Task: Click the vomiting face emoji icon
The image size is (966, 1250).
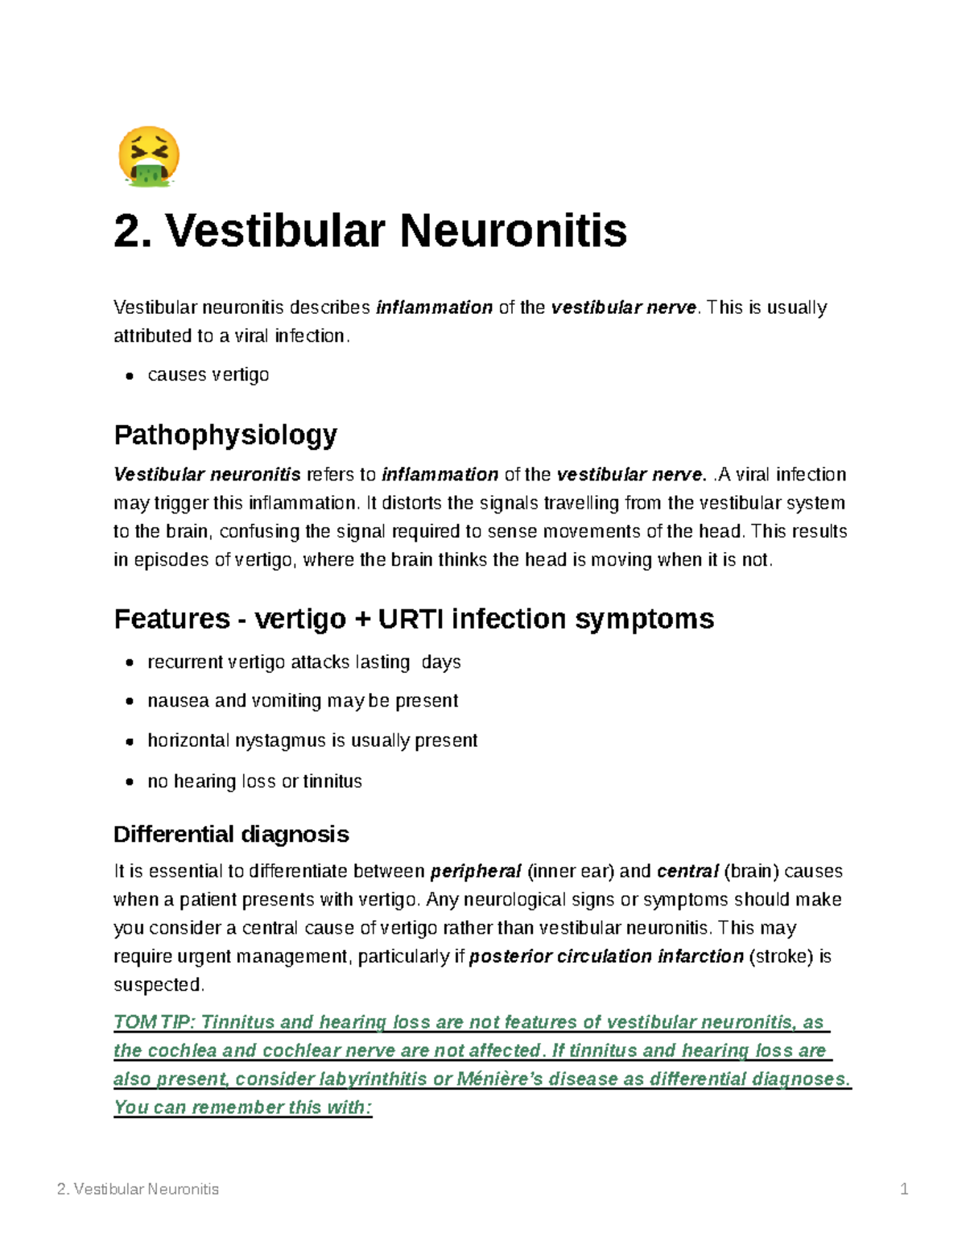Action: point(149,157)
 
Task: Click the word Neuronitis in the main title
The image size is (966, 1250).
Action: point(513,231)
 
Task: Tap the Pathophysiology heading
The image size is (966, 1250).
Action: point(225,435)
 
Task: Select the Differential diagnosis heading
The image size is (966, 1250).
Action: point(231,834)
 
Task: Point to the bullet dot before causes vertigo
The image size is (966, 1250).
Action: point(129,376)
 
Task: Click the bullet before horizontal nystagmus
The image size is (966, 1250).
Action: point(129,741)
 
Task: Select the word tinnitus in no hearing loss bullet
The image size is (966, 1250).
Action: point(332,782)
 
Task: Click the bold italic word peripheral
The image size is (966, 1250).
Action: point(476,872)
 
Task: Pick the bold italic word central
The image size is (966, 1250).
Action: point(687,872)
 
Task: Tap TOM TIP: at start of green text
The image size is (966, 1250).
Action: point(154,1022)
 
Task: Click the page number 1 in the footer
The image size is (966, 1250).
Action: point(904,1189)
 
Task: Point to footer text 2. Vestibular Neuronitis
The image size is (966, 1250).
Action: point(138,1189)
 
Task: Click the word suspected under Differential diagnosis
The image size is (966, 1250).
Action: point(158,985)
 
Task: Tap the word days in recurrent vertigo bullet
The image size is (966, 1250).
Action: point(441,662)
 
